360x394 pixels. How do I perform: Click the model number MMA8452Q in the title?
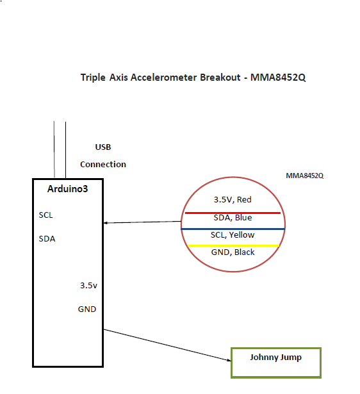click(x=278, y=78)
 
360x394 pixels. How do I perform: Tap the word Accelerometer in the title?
click(x=164, y=77)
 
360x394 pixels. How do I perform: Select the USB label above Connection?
click(x=103, y=147)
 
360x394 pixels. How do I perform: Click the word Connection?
click(x=103, y=165)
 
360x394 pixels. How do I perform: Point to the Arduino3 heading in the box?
click(x=67, y=189)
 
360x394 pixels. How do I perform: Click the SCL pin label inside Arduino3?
click(x=45, y=215)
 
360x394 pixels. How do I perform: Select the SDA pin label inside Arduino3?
click(x=47, y=238)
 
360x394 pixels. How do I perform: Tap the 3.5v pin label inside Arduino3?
click(x=88, y=286)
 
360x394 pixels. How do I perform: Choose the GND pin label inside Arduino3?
click(x=87, y=309)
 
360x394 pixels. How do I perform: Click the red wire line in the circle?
click(x=233, y=213)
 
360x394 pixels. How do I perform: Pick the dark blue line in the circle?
click(x=233, y=229)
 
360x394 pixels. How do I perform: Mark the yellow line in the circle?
click(x=233, y=245)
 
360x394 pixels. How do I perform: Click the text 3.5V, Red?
click(x=233, y=200)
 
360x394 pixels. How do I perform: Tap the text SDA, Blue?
click(x=233, y=218)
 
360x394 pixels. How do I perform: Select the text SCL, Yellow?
click(x=233, y=235)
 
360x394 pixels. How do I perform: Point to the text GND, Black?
click(x=233, y=252)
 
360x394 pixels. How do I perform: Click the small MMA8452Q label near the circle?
click(x=305, y=176)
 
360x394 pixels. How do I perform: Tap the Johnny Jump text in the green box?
click(x=275, y=357)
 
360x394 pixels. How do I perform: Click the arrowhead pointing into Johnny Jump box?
click(x=229, y=360)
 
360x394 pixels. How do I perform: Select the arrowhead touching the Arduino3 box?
click(x=106, y=223)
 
